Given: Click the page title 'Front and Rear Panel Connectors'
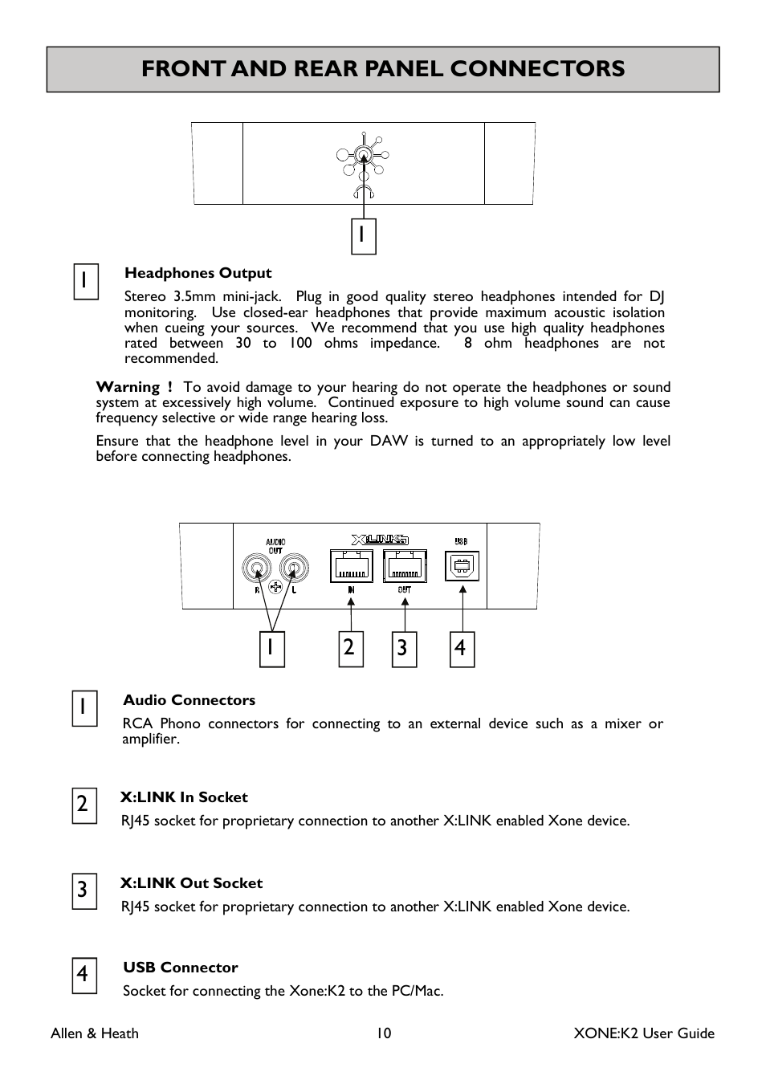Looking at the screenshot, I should [383, 69].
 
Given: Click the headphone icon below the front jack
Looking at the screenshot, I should [364, 190].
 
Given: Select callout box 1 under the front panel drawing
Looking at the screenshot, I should [364, 236].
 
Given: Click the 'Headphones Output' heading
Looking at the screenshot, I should [198, 273].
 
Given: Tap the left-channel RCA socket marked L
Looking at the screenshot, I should [295, 568].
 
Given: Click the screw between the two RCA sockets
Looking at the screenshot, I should [276, 587].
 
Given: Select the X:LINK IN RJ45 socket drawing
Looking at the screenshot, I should [351, 566].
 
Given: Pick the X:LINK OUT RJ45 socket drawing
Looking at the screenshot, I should [405, 566].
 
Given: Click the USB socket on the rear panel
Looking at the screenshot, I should [462, 566].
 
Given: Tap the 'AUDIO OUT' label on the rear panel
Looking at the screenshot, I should [275, 546].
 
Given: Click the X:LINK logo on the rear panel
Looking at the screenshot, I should [380, 540].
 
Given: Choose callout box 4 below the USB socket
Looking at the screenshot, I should [462, 649].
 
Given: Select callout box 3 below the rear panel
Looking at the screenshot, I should [404, 649].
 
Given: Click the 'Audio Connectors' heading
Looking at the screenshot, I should [189, 700].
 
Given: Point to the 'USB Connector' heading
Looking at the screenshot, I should [181, 968].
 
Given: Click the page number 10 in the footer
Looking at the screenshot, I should [384, 1033].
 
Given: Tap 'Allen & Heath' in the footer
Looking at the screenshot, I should [95, 1033].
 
